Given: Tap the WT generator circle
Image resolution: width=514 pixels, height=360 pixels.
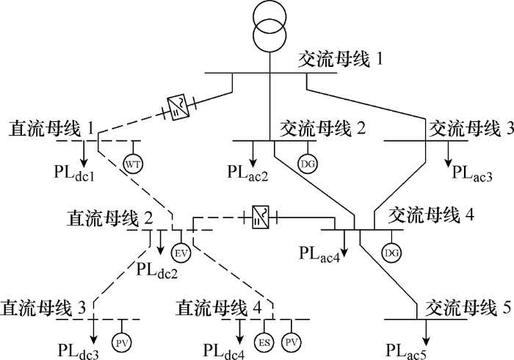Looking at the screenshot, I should [x=133, y=162].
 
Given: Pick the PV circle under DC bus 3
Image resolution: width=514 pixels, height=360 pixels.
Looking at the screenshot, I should [x=120, y=342].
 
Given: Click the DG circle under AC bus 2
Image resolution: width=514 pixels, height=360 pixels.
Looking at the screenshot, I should [x=308, y=162].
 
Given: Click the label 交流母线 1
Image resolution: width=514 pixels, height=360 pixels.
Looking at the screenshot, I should [x=341, y=58].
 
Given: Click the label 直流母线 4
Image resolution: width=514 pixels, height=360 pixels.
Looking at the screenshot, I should [x=220, y=306].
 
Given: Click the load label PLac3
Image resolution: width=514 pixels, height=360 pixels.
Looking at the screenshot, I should [x=472, y=173].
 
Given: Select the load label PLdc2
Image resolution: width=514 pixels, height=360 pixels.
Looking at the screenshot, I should [x=157, y=269].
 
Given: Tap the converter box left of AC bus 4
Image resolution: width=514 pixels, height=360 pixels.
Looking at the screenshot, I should [x=260, y=217].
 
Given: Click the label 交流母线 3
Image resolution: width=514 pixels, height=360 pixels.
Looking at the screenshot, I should [x=470, y=129].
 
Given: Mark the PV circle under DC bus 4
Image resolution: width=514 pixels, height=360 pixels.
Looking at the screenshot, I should [x=292, y=342].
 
